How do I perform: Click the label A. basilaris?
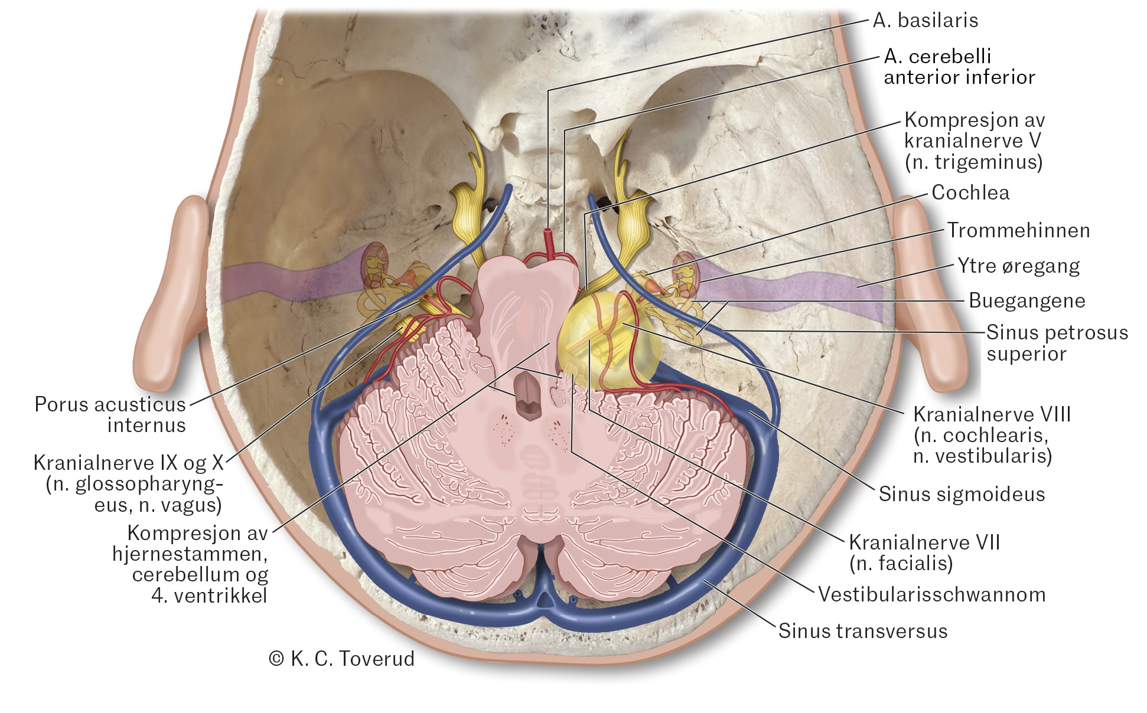(x=925, y=21)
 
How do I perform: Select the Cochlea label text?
(x=970, y=192)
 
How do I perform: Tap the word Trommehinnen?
(x=1018, y=230)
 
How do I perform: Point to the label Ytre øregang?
(x=1018, y=266)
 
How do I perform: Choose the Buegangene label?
(x=1027, y=300)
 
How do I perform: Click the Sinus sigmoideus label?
(x=962, y=494)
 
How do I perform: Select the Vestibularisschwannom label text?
(x=931, y=594)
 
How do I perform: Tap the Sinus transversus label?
(x=862, y=631)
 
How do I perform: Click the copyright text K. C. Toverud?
(x=342, y=659)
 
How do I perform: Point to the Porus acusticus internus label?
(x=110, y=414)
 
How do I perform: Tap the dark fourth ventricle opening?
(x=527, y=395)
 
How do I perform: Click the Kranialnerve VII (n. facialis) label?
(x=924, y=552)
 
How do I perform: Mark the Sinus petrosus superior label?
(x=1056, y=343)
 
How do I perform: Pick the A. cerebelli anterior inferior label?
(x=959, y=67)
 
